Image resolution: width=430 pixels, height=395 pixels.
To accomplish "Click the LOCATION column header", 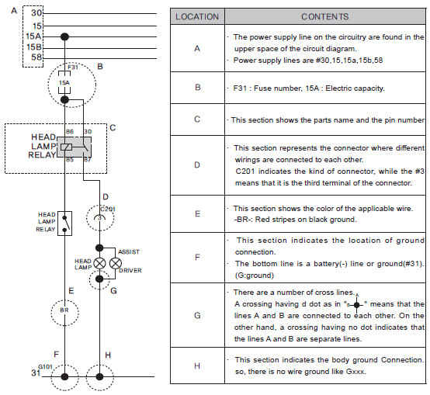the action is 197,17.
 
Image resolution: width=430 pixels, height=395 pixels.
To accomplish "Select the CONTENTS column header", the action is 325,17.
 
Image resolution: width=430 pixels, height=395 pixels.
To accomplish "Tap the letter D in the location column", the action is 197,165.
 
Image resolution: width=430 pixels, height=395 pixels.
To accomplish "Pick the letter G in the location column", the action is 197,316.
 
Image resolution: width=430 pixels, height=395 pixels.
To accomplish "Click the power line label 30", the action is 36,13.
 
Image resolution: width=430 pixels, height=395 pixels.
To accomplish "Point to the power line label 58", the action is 36,57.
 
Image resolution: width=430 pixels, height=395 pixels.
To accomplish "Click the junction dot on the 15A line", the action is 64,36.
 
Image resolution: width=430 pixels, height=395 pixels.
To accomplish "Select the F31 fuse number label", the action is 73,68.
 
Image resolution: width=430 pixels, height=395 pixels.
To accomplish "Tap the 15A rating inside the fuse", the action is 64,82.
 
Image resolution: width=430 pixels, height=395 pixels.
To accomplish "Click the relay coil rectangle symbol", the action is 67,147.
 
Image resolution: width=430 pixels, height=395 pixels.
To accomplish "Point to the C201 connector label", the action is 108,210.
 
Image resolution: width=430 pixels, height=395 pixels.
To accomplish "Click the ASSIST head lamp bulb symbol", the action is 116,263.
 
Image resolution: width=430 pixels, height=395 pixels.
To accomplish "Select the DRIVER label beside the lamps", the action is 130,271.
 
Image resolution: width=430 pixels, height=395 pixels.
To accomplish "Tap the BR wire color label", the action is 64,310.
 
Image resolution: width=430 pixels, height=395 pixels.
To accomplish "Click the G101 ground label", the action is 45,366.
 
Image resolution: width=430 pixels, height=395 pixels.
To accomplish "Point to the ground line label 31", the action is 36,372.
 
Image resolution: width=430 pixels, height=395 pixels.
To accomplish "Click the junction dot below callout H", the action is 99,376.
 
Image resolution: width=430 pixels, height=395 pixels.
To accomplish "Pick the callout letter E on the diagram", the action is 71,290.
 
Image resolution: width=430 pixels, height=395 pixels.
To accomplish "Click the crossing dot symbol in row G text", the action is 356,305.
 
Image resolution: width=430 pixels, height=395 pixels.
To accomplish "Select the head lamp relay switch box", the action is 64,223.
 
